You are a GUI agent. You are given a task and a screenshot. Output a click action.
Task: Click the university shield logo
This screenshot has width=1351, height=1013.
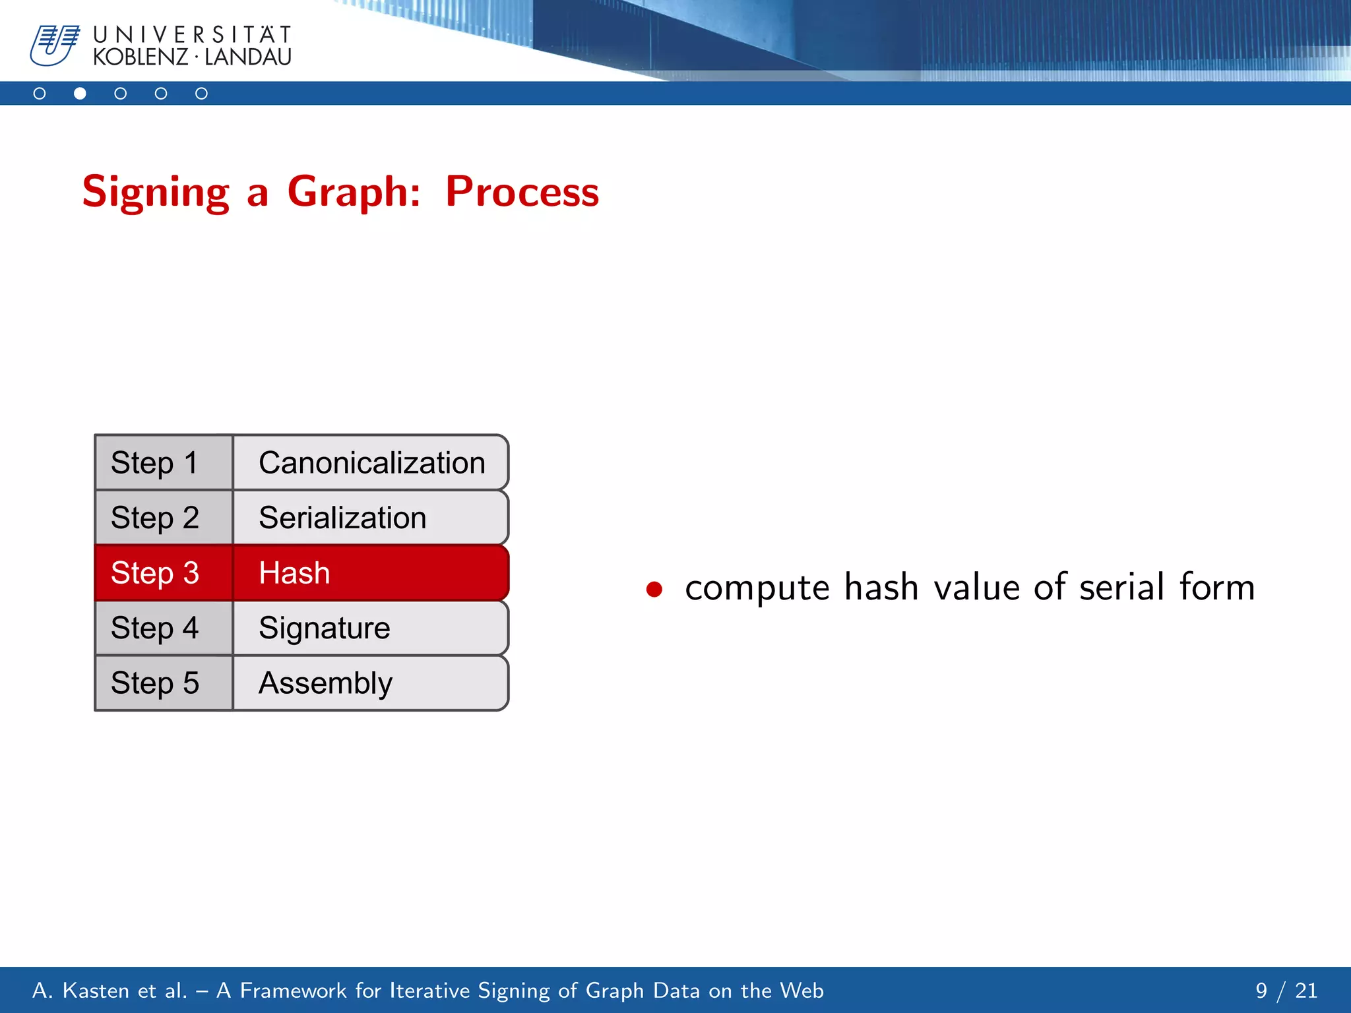[55, 46]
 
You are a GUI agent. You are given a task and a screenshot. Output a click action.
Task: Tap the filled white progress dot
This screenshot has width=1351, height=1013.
[80, 94]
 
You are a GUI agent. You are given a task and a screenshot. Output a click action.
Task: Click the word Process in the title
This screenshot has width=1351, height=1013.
[522, 192]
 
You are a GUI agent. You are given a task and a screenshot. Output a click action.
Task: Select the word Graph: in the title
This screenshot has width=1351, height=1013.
[354, 192]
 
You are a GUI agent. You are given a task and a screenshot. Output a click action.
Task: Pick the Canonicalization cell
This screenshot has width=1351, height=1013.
[371, 462]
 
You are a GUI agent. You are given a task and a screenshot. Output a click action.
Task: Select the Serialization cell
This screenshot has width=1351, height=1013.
[371, 518]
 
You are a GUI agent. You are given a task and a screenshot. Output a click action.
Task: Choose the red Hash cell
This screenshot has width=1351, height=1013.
[371, 572]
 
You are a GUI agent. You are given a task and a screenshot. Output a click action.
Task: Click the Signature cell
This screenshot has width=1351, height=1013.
[371, 628]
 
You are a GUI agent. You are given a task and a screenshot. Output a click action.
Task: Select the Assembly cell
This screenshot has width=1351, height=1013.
[371, 683]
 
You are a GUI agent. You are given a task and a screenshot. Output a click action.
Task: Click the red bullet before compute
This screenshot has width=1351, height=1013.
[654, 589]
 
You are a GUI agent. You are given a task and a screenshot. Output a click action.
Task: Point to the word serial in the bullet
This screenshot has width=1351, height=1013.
[1121, 587]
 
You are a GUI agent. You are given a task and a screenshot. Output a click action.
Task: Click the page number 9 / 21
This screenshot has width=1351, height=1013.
[1286, 991]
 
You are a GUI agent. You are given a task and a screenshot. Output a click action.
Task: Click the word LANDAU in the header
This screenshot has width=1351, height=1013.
[248, 57]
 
